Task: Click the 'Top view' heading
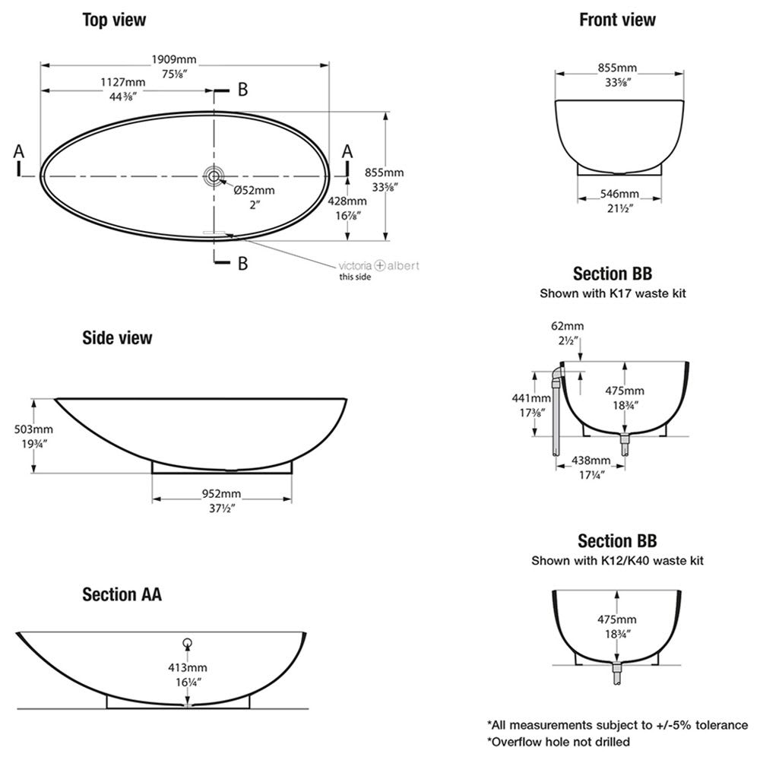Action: pos(114,20)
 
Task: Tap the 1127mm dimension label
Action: pos(123,83)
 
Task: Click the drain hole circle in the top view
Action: pos(214,176)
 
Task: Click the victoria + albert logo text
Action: pos(378,265)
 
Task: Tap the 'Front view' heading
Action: pos(617,20)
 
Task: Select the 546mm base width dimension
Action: pos(617,194)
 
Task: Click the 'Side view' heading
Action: pos(117,337)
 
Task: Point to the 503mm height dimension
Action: pos(17,429)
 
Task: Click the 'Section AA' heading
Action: pos(122,594)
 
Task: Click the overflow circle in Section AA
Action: pos(188,641)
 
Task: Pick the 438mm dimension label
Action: pos(591,461)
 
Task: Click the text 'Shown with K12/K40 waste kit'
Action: pos(617,561)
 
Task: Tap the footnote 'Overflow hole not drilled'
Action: pos(558,741)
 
